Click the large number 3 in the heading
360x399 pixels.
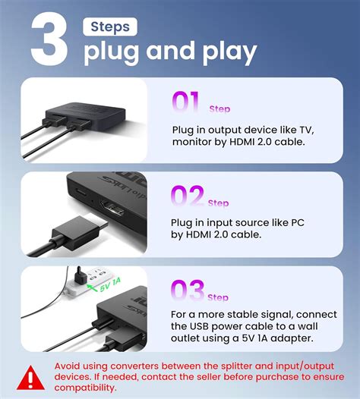coord(50,39)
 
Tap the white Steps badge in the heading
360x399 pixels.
coord(110,27)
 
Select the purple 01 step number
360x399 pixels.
coord(186,102)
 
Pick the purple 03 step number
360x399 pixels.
coord(188,291)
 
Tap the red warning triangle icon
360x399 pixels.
coord(30,377)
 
